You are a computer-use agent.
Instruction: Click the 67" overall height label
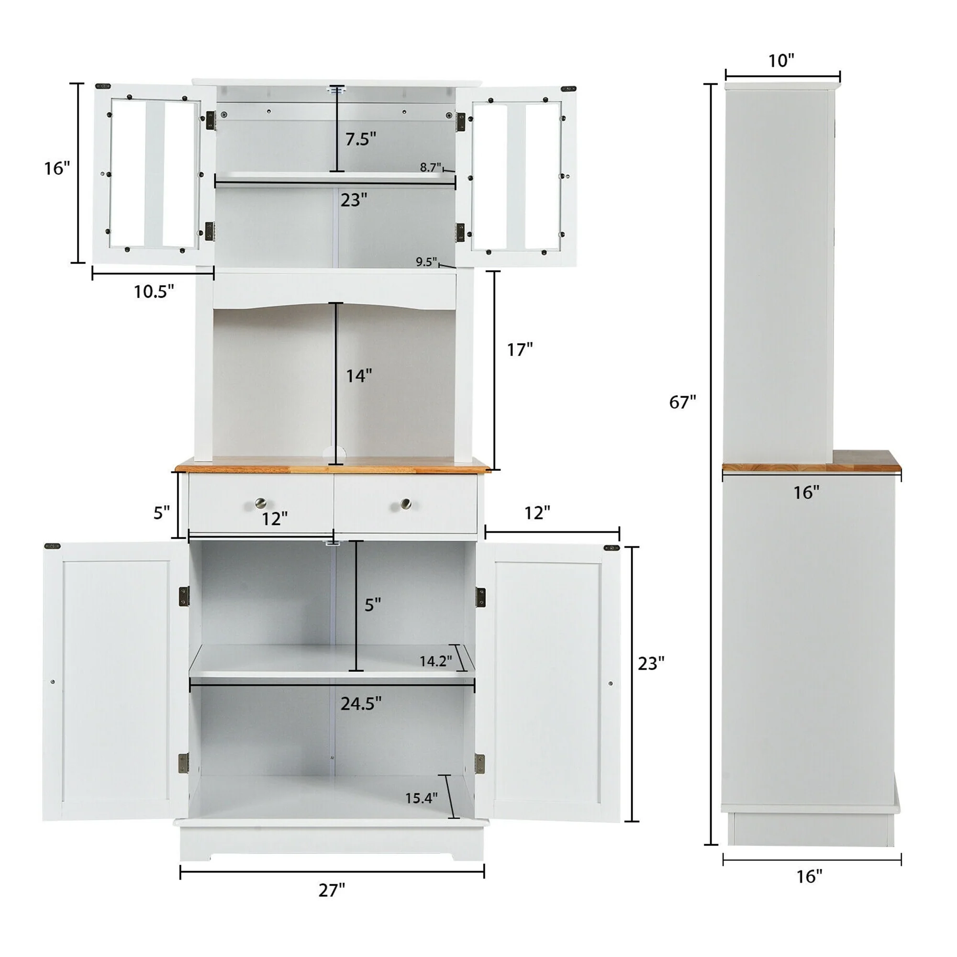click(682, 402)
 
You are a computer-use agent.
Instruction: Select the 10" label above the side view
click(781, 61)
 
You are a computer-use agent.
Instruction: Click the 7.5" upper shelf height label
click(361, 139)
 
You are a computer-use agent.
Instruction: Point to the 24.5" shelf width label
click(361, 703)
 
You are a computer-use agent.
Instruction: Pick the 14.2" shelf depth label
click(435, 661)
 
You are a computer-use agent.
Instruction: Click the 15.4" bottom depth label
click(421, 798)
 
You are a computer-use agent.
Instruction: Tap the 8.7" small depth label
click(430, 167)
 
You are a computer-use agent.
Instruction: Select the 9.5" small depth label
click(426, 262)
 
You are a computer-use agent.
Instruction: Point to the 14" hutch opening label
click(358, 376)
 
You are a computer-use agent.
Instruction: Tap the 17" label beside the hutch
click(520, 350)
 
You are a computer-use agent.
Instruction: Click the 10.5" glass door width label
click(154, 292)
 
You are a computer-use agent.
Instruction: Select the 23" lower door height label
click(650, 663)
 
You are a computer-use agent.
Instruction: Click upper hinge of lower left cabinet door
click(184, 596)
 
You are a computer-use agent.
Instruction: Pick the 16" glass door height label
click(57, 168)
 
